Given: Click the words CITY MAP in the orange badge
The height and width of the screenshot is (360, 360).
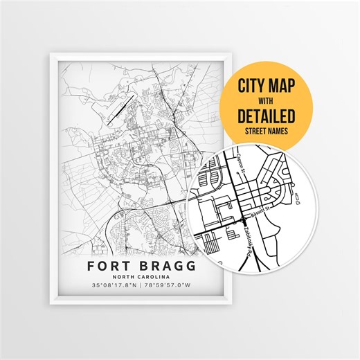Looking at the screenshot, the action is tap(266, 88).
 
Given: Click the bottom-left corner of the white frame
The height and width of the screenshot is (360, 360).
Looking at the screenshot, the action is tap(51, 304).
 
